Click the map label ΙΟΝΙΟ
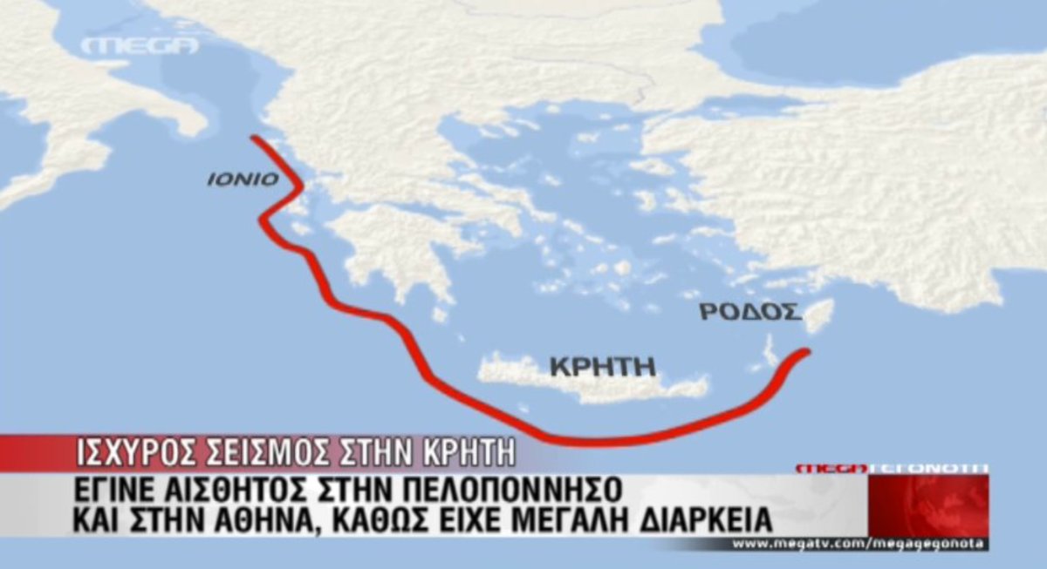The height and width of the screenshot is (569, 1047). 243,180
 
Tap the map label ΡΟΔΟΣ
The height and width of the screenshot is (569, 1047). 749,312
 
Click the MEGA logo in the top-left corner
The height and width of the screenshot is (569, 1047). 140,45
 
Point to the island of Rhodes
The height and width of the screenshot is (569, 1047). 818,315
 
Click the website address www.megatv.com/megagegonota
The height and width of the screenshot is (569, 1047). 859,545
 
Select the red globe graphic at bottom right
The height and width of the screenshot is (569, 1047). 928,506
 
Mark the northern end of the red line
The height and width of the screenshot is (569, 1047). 253,138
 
